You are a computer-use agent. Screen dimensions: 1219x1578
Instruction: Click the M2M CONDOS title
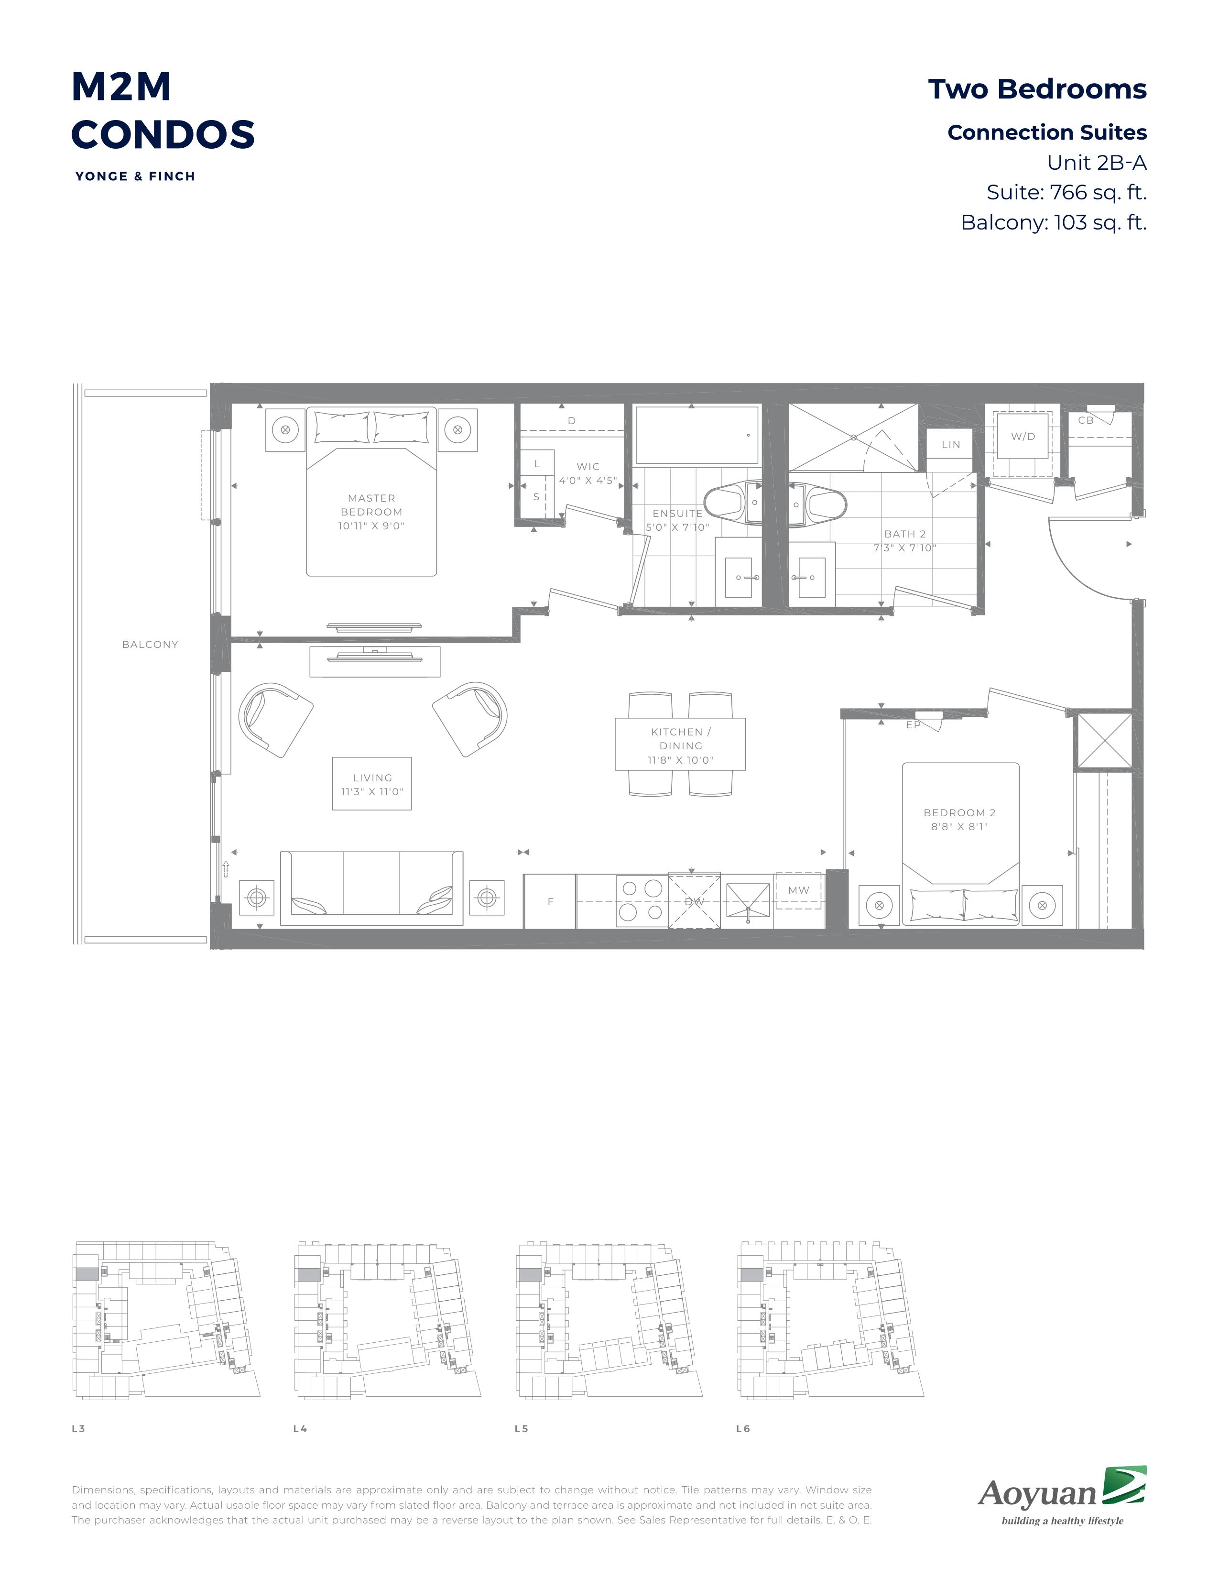pyautogui.click(x=163, y=110)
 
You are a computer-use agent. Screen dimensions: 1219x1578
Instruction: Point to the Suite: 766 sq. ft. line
pyautogui.click(x=1067, y=192)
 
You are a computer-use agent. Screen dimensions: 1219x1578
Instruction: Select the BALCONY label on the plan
pyautogui.click(x=150, y=645)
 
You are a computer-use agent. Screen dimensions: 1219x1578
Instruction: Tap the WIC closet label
pyautogui.click(x=588, y=467)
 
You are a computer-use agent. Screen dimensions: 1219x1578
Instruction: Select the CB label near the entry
pyautogui.click(x=1086, y=420)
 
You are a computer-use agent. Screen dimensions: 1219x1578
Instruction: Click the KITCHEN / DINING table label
pyautogui.click(x=680, y=738)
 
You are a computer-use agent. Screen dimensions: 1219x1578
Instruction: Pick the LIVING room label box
pyautogui.click(x=372, y=784)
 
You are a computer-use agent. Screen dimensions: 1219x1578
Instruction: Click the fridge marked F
pyautogui.click(x=550, y=901)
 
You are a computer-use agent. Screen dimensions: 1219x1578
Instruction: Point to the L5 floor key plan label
pyautogui.click(x=522, y=1428)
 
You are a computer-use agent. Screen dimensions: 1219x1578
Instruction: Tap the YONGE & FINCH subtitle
pyautogui.click(x=135, y=176)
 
